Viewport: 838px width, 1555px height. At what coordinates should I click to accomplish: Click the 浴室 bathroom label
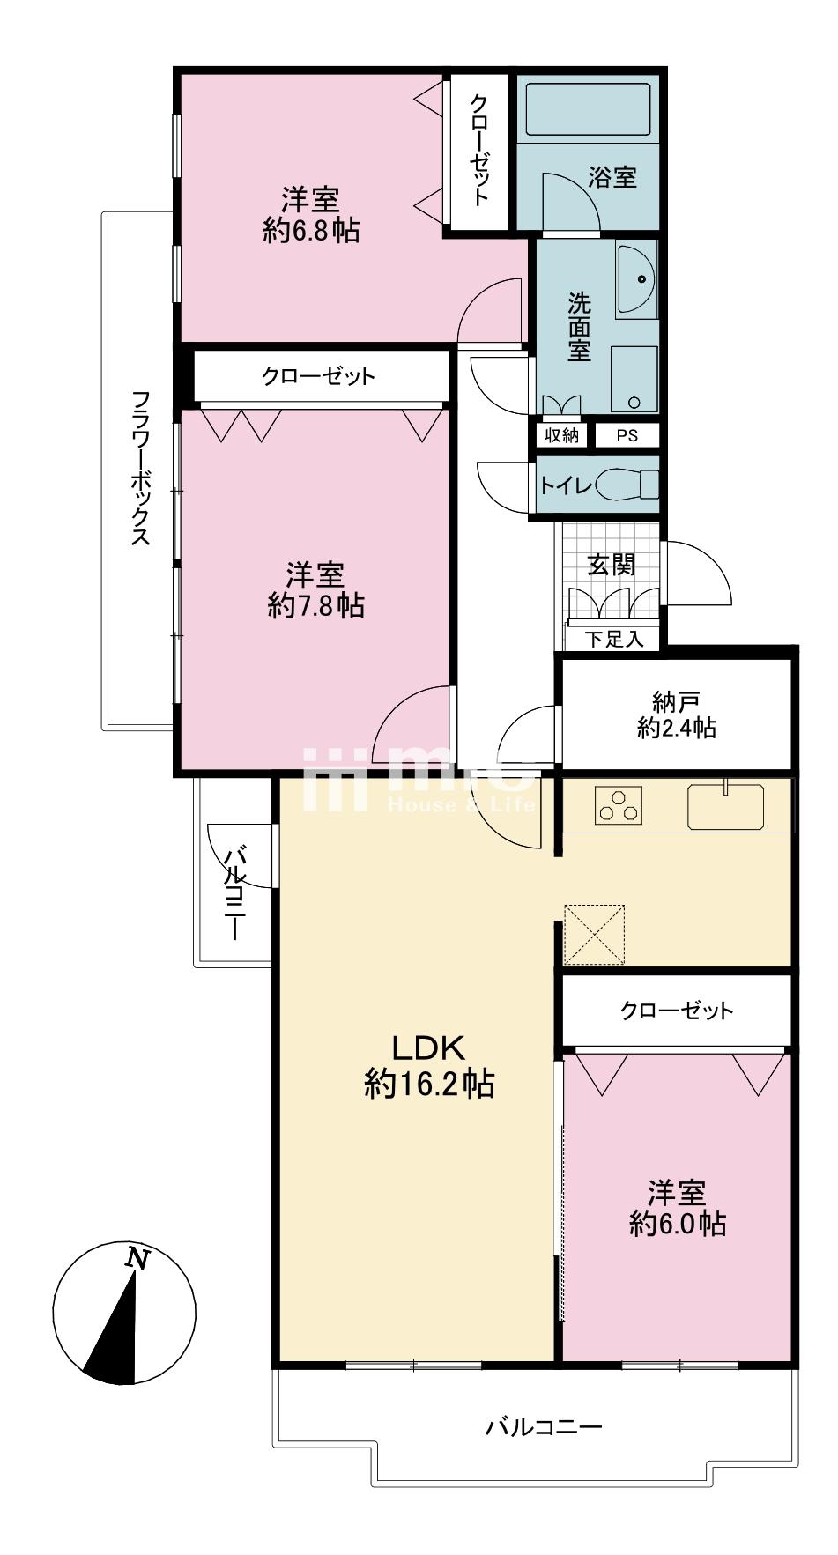612,177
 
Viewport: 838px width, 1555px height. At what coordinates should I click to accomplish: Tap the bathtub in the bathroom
588,109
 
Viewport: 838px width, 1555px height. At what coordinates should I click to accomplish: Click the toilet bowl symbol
627,485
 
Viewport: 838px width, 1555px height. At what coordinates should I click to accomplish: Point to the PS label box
626,435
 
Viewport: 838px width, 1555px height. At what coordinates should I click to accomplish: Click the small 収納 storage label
560,435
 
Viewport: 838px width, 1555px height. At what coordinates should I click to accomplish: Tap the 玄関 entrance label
612,564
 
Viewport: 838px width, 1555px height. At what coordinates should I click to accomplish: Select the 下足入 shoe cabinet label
614,640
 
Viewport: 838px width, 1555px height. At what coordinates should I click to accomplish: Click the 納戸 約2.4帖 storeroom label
677,715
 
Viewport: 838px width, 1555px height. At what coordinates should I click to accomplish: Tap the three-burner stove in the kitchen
619,805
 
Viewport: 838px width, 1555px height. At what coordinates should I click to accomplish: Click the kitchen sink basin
725,806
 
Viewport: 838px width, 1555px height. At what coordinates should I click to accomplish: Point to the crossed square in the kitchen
594,934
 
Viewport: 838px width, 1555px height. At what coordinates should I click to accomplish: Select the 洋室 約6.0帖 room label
677,1209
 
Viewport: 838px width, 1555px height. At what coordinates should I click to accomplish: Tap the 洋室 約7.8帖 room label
315,590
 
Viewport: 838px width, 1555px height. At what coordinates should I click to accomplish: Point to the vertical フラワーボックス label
140,468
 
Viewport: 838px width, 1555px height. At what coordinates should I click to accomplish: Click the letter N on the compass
136,1257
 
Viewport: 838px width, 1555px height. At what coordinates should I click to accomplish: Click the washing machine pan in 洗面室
634,379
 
